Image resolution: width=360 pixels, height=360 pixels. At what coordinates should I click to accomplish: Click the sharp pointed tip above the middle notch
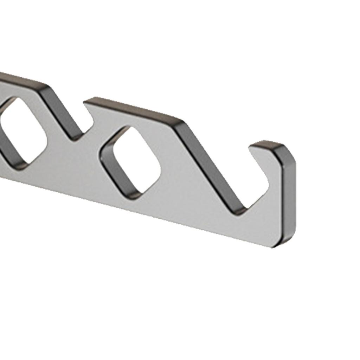pyautogui.click(x=86, y=102)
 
